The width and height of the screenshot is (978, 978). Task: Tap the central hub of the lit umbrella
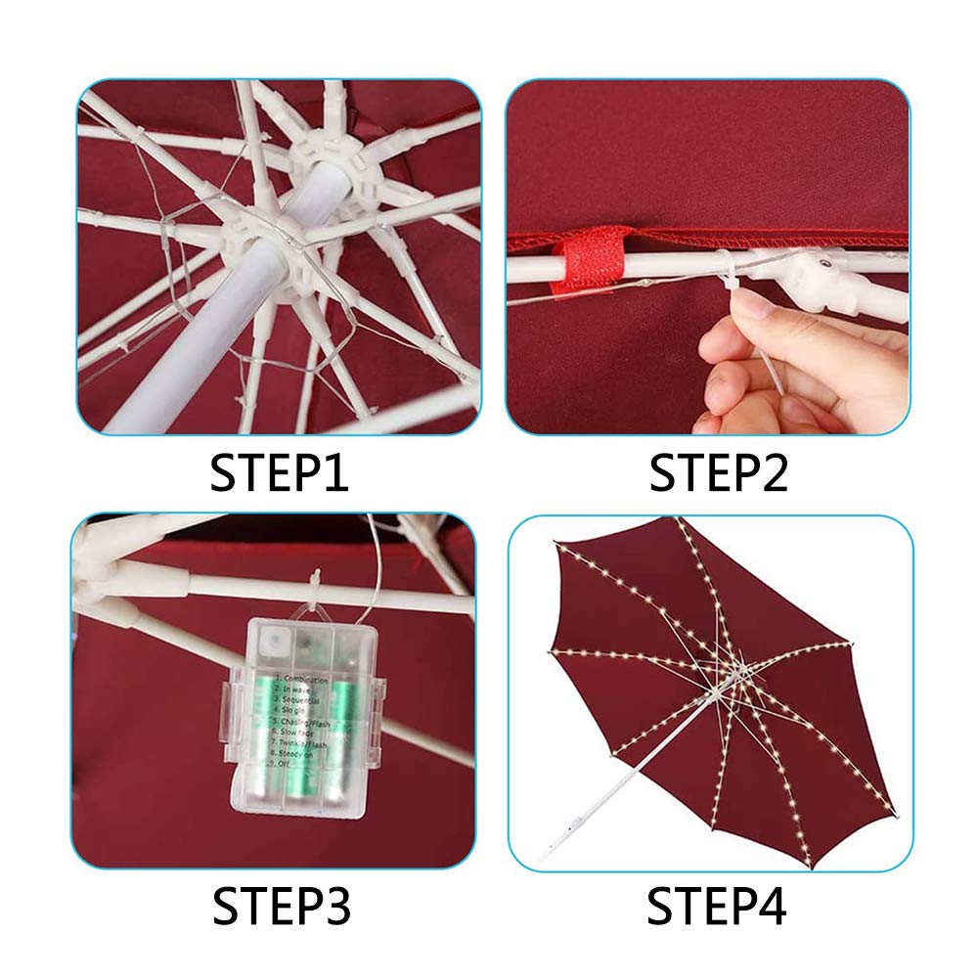pos(732,673)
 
